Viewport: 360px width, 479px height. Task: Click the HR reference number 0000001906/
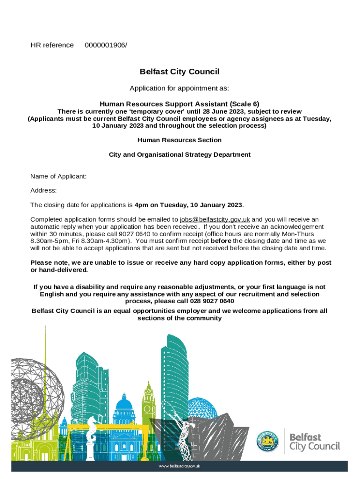[x=106, y=45]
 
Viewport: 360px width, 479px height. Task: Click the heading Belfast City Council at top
[x=180, y=72]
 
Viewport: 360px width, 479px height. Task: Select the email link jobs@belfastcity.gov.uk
[x=215, y=219]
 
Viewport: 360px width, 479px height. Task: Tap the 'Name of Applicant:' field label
[x=58, y=176]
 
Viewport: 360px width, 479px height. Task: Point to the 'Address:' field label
[x=43, y=190]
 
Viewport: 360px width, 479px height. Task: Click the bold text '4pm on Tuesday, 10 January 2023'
[x=188, y=205]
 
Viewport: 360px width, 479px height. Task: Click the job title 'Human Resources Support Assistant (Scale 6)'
[x=180, y=104]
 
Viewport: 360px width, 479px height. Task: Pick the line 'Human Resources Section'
[x=180, y=140]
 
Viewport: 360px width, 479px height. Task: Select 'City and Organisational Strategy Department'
[x=180, y=154]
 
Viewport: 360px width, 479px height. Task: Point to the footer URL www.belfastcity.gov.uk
[x=180, y=466]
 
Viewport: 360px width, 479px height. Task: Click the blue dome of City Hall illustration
[x=124, y=403]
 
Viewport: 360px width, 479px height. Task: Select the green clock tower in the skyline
[x=149, y=398]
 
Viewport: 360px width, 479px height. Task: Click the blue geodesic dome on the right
[x=202, y=407]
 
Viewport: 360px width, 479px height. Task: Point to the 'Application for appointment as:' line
[x=180, y=88]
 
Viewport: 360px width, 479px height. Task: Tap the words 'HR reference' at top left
[x=52, y=45]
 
